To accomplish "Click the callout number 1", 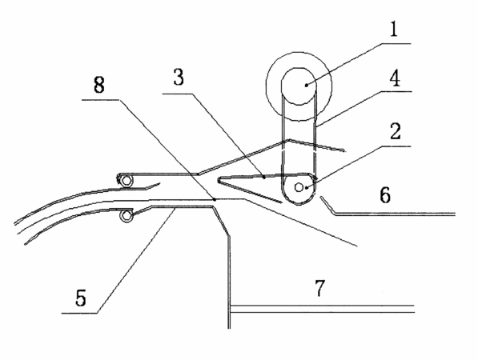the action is click(394, 30).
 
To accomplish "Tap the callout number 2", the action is click(395, 131).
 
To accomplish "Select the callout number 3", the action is click(179, 77).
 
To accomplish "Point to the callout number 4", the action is click(395, 78).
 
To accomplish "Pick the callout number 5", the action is click(81, 298).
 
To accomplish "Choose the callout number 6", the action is click(385, 194).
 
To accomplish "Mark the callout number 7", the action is click(319, 288).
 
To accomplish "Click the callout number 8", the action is click(99, 84).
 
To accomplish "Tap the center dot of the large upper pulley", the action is click(307, 86).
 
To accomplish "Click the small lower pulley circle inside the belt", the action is click(299, 187).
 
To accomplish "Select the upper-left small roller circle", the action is click(127, 182).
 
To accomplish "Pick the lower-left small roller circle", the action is click(127, 216).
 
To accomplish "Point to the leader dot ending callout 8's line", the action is click(215, 199).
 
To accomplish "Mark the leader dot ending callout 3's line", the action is click(264, 177).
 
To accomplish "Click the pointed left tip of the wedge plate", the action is click(218, 181).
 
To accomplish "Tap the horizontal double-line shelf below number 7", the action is click(323, 309).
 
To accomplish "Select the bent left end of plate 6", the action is click(321, 198).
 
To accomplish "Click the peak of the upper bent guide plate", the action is click(289, 140).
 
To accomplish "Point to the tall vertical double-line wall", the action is click(229, 282).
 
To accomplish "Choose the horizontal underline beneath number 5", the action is click(79, 313).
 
